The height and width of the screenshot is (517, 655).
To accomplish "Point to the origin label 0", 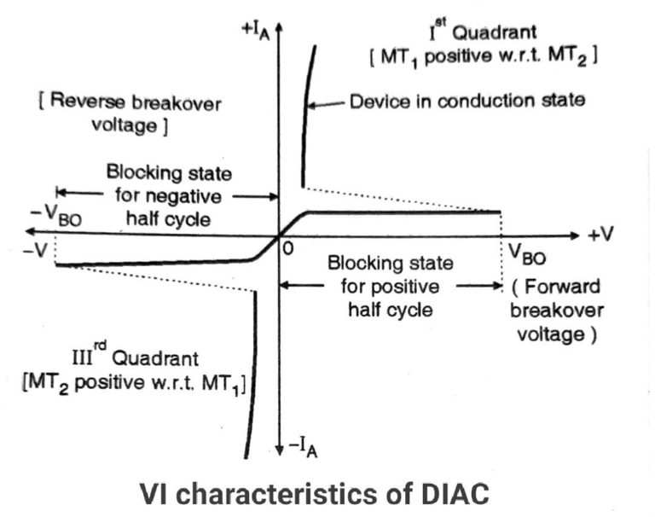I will [x=288, y=250].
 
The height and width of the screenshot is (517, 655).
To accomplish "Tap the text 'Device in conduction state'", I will [x=467, y=100].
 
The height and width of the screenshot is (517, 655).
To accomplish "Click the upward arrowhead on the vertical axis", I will [x=280, y=25].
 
